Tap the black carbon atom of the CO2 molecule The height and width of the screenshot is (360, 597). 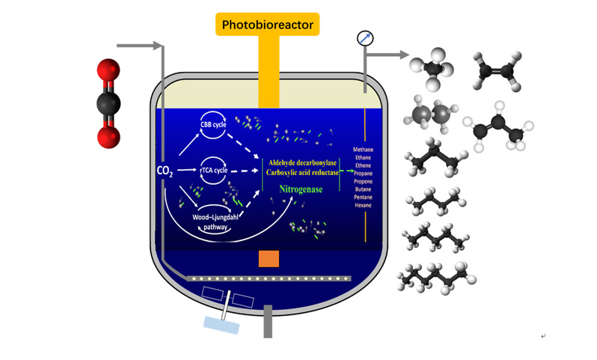pyautogui.click(x=109, y=103)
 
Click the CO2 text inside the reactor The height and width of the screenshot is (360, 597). pyautogui.click(x=165, y=171)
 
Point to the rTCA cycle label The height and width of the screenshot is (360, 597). pyautogui.click(x=213, y=171)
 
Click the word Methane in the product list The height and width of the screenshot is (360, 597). pyautogui.click(x=364, y=150)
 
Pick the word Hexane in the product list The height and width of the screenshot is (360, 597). pyautogui.click(x=364, y=204)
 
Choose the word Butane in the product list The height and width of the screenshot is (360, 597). pyautogui.click(x=364, y=189)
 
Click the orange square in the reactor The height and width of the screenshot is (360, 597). pyautogui.click(x=269, y=258)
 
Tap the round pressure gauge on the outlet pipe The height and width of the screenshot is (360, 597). pyautogui.click(x=365, y=37)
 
